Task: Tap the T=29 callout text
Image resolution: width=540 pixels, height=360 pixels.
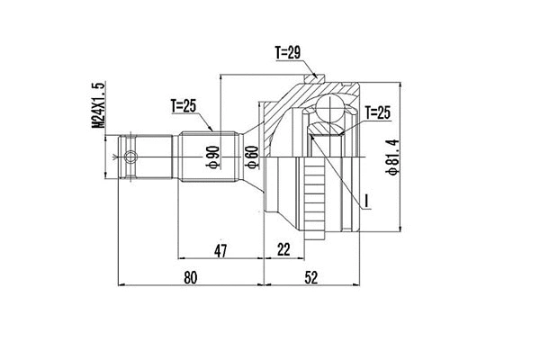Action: tap(287, 52)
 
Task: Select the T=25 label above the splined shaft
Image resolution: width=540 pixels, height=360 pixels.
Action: tap(183, 106)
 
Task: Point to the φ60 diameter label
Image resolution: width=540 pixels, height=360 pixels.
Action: tap(251, 159)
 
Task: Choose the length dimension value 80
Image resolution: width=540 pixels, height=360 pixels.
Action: tap(189, 278)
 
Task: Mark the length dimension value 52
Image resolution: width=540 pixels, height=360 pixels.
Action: tap(310, 278)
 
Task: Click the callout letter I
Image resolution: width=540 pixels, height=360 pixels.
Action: tap(368, 199)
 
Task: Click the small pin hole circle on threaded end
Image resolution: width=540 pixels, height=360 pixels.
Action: tap(132, 160)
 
